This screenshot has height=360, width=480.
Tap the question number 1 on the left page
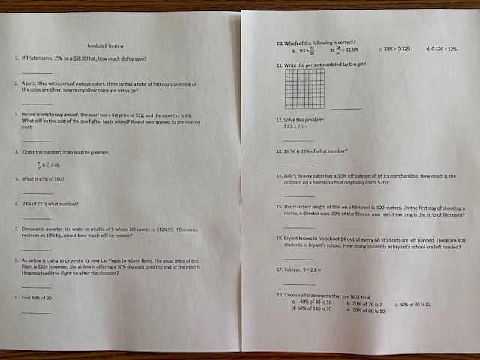pyautogui.click(x=16, y=58)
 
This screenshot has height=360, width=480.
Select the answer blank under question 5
pyautogui.click(x=37, y=193)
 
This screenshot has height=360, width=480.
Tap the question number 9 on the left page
pyautogui.click(x=16, y=298)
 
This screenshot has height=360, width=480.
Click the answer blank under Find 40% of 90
pyautogui.click(x=37, y=310)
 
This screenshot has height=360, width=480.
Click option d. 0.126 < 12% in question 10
pyautogui.click(x=442, y=49)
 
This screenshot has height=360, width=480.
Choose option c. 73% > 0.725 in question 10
pyautogui.click(x=397, y=49)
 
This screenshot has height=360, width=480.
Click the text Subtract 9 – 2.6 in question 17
pyautogui.click(x=303, y=268)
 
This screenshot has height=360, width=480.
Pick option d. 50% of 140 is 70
pyautogui.click(x=312, y=309)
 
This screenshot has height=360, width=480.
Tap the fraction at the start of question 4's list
pyautogui.click(x=38, y=165)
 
